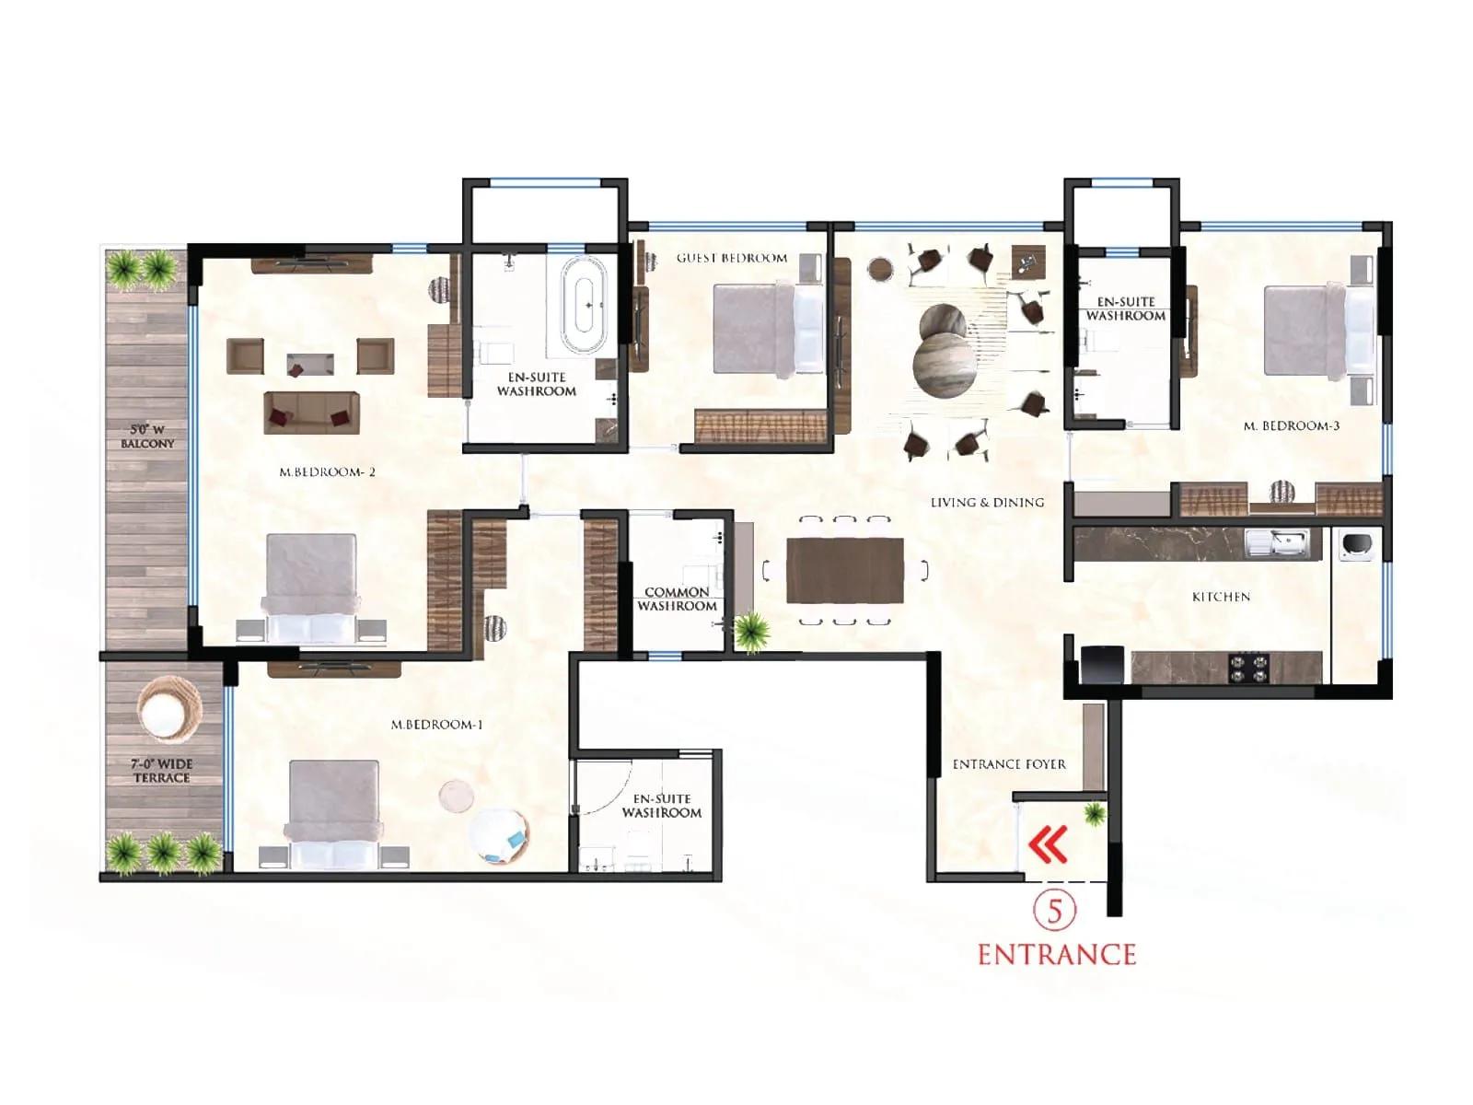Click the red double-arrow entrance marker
[1049, 844]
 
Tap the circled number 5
[1055, 911]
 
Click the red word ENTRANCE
[1056, 954]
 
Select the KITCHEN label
[1221, 597]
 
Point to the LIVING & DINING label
[987, 502]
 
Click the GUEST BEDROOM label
[732, 258]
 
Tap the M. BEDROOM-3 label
[1291, 425]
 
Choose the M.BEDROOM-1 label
[436, 725]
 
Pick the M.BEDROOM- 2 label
[327, 471]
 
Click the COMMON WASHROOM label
[677, 599]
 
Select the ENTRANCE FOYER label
[1009, 763]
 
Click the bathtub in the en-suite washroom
[584, 304]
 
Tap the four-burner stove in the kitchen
[1249, 667]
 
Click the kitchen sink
[1276, 542]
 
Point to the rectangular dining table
[844, 570]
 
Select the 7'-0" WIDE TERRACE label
[161, 770]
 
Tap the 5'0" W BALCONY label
[147, 436]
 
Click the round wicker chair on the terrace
[168, 707]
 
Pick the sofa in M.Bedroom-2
[311, 412]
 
